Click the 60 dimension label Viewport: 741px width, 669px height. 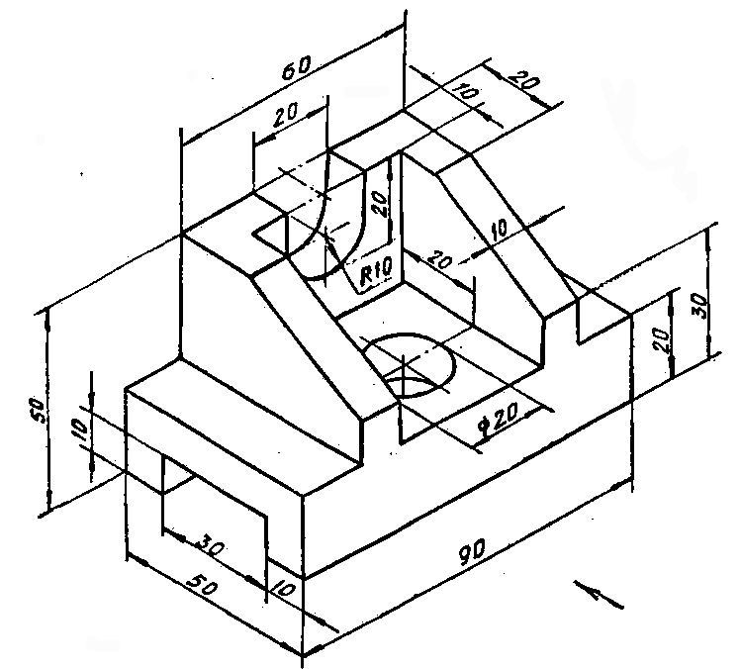point(297,67)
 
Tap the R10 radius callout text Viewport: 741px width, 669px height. point(376,273)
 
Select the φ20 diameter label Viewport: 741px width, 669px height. point(499,418)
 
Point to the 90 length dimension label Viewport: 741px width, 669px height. point(472,551)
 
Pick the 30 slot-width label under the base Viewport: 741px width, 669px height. point(210,545)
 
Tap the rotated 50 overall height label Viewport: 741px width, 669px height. point(37,411)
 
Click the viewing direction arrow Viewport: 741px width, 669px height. point(599,595)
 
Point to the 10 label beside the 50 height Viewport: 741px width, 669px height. point(80,430)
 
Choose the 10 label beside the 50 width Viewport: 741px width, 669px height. point(284,590)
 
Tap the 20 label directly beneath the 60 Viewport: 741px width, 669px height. point(286,114)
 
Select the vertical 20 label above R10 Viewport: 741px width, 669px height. point(380,203)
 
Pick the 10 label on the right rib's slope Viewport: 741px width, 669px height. point(499,230)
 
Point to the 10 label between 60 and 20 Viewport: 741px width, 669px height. point(466,91)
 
